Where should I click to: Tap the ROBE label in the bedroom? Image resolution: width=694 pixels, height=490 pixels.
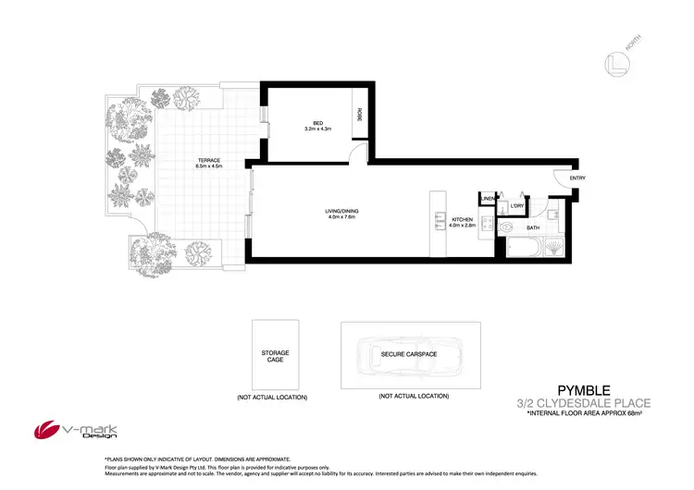(359, 116)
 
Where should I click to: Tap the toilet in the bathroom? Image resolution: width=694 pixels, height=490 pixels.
(507, 227)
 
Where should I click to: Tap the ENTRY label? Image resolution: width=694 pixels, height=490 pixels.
(577, 178)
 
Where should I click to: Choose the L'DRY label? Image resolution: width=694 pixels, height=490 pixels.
(517, 205)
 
